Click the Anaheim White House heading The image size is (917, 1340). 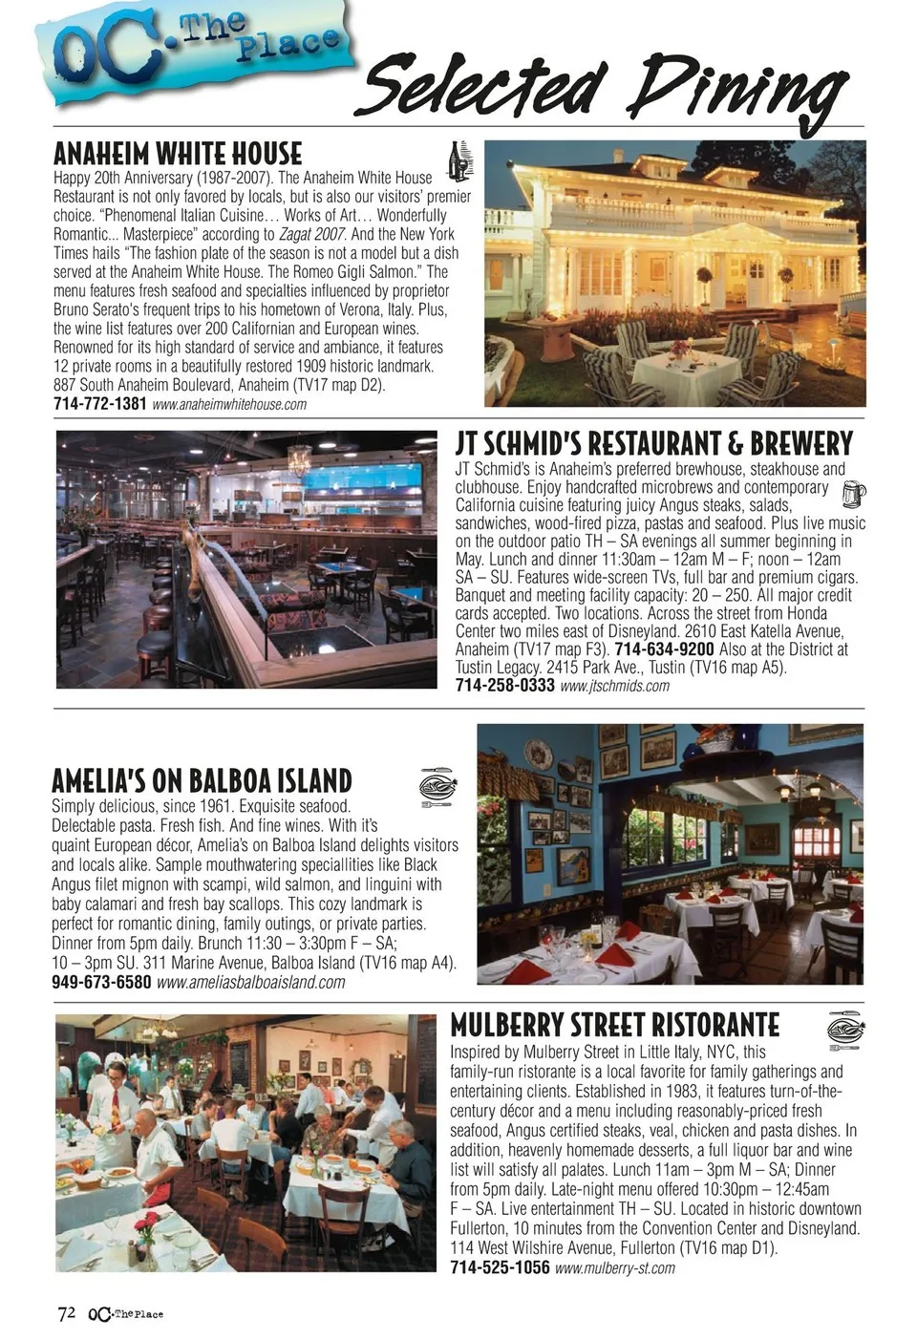[x=178, y=154]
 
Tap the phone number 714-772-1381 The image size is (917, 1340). [x=100, y=404]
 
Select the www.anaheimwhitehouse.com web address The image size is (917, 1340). [x=229, y=404]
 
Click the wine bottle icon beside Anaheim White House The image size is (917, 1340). [x=460, y=160]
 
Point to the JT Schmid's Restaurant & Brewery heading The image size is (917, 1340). [x=653, y=444]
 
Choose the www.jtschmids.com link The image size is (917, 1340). [x=614, y=686]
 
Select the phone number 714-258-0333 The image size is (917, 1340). [x=504, y=686]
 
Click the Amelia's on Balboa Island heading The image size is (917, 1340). [x=202, y=780]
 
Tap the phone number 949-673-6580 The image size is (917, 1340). [x=101, y=982]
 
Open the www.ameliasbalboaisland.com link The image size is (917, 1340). [x=250, y=982]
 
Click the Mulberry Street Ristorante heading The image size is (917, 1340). [x=614, y=1025]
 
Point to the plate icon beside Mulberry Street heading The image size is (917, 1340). [x=844, y=1030]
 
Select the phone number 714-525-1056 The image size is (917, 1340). [x=500, y=1267]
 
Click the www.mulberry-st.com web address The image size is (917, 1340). [x=614, y=1267]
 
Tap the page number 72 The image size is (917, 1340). [x=66, y=1313]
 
